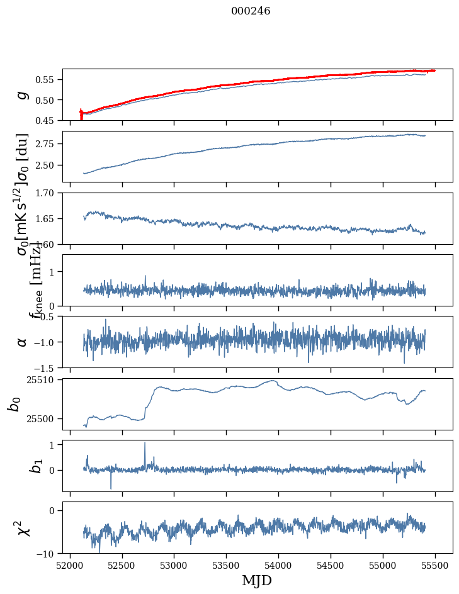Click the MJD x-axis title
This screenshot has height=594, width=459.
pos(257,581)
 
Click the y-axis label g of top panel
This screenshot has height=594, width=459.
pos(23,94)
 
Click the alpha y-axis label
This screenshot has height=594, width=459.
pos(23,342)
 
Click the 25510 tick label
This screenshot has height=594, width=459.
pos(43,380)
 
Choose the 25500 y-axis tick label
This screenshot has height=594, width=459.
pos(43,418)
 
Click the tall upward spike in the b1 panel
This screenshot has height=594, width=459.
pos(145,444)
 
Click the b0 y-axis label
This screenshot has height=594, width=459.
pos(14,404)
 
